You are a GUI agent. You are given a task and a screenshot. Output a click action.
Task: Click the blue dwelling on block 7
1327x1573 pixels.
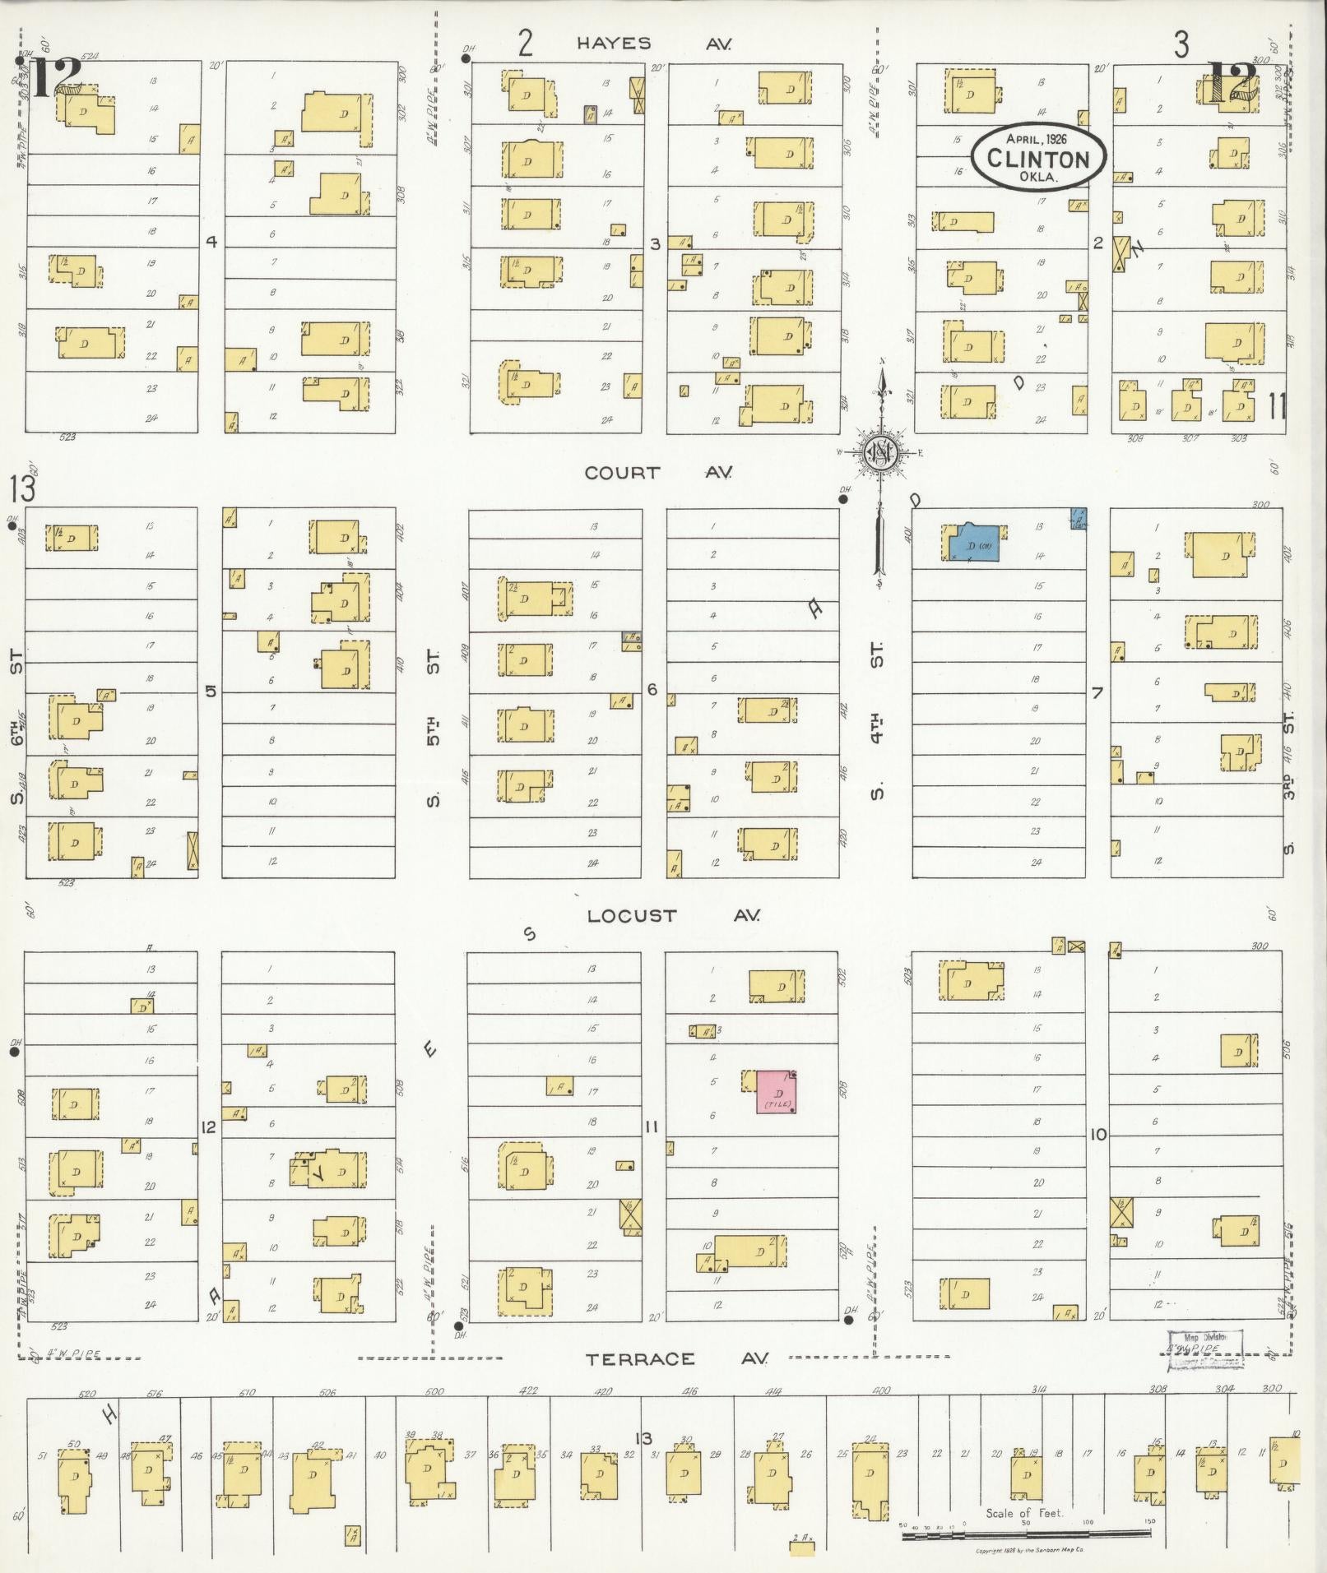tap(972, 543)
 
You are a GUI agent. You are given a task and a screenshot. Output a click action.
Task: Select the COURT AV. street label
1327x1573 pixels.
tap(657, 473)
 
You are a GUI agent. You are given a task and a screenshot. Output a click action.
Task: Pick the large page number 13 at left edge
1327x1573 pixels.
tap(23, 490)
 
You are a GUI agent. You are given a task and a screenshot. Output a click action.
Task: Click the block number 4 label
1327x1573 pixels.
tap(211, 242)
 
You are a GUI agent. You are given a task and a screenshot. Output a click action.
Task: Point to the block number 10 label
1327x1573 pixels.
tap(1097, 1135)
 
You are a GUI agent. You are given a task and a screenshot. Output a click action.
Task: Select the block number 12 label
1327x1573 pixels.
tap(209, 1127)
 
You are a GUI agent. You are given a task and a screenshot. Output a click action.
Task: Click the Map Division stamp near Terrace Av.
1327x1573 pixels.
tap(1204, 1349)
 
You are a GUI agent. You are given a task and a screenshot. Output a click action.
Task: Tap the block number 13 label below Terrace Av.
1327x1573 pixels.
tap(643, 1437)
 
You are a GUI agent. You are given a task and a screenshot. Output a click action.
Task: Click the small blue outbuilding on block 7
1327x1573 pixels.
tap(1077, 518)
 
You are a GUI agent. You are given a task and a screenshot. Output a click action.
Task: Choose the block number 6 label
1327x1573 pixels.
tap(653, 689)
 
